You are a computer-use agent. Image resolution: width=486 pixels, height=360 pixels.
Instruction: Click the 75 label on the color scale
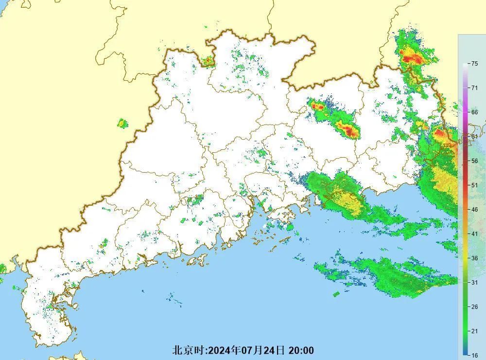tap(474, 63)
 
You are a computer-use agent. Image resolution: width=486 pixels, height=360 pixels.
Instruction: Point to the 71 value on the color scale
tap(474, 88)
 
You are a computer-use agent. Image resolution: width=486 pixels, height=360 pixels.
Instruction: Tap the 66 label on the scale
tap(474, 112)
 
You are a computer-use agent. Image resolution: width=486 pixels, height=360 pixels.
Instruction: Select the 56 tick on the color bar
tap(474, 161)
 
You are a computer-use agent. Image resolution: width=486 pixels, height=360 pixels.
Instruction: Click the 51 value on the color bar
tap(474, 185)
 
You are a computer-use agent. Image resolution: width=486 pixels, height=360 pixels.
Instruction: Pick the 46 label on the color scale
tap(474, 209)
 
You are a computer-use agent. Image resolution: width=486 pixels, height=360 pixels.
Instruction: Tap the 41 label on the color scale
tap(474, 234)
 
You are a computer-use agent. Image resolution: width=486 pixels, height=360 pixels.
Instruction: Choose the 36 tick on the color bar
tap(474, 258)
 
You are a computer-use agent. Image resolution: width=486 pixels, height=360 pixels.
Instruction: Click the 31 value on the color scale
tap(474, 282)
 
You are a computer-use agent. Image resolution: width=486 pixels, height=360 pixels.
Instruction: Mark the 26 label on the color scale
tap(474, 306)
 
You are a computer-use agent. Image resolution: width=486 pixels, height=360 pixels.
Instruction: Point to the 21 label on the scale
tap(474, 331)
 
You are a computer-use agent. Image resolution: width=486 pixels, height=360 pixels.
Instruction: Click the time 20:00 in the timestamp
tap(301, 350)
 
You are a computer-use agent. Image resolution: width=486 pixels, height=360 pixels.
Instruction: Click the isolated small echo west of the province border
tap(122, 124)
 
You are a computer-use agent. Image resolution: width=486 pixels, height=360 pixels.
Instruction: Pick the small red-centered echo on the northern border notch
tap(208, 61)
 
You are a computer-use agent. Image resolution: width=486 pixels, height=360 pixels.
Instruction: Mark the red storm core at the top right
tap(413, 59)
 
